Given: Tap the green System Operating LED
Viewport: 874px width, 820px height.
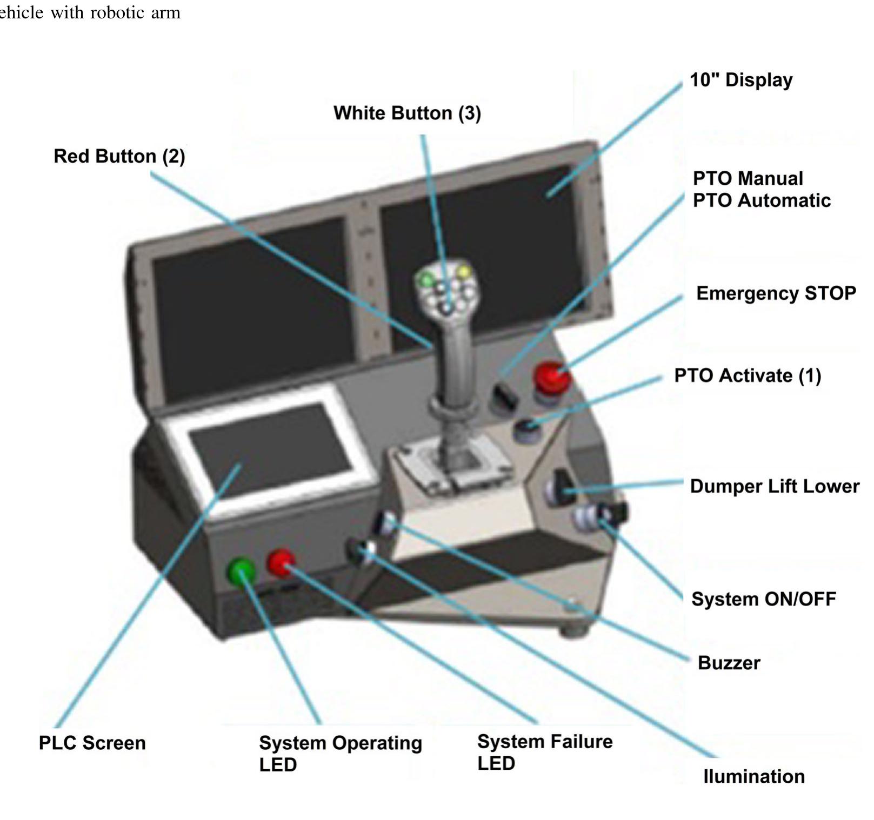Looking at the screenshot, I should coord(241,572).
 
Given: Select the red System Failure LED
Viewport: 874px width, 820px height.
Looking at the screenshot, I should coord(281,562).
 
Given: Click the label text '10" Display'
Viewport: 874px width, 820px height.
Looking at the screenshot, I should coord(741,80).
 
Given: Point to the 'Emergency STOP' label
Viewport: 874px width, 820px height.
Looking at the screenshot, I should coord(776,293).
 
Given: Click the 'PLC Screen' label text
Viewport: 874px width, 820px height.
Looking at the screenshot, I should coord(92,743).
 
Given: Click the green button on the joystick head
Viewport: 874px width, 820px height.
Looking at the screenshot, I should coord(427,280).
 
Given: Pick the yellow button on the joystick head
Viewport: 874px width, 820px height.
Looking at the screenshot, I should coord(464,272).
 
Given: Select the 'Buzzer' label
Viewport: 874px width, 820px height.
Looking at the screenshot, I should coord(729,663).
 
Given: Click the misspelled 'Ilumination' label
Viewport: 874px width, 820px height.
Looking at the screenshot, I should coord(753,776).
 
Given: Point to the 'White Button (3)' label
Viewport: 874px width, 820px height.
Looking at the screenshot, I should coord(407,113).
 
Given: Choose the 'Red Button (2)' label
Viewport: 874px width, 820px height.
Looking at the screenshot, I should coord(119,156).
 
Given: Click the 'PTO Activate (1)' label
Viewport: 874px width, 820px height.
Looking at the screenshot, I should coord(748,375).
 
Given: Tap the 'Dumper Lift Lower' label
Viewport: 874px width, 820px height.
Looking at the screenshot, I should coord(774,486).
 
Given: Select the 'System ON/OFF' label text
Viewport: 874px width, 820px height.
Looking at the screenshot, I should coord(763,599).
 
